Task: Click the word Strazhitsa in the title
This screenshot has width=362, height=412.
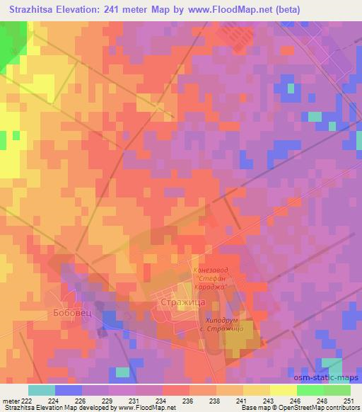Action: (34, 9)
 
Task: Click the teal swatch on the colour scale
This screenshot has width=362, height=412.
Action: (41, 390)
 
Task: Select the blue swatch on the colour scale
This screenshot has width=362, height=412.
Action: (68, 390)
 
